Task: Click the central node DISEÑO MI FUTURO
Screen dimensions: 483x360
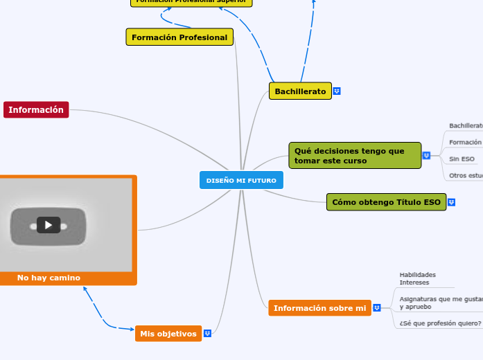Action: tap(241, 180)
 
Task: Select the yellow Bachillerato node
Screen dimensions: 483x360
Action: tap(300, 91)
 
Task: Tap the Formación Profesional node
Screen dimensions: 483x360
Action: tap(179, 37)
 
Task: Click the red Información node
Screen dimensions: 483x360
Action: tap(36, 110)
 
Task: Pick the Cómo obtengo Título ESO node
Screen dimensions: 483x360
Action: tap(386, 202)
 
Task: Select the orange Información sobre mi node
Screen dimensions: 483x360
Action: tap(319, 308)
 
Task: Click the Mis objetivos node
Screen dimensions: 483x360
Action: tap(168, 334)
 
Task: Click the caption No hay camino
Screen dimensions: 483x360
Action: tap(49, 278)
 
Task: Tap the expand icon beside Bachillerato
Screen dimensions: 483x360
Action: tap(337, 91)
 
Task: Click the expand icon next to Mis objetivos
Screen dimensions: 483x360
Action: tap(207, 334)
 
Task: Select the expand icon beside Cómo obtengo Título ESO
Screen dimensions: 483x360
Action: tap(451, 202)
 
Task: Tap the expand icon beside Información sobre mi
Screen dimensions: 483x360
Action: tap(376, 308)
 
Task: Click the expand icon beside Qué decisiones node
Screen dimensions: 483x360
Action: tap(426, 156)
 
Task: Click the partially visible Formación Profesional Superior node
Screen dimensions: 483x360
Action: tap(191, 2)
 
